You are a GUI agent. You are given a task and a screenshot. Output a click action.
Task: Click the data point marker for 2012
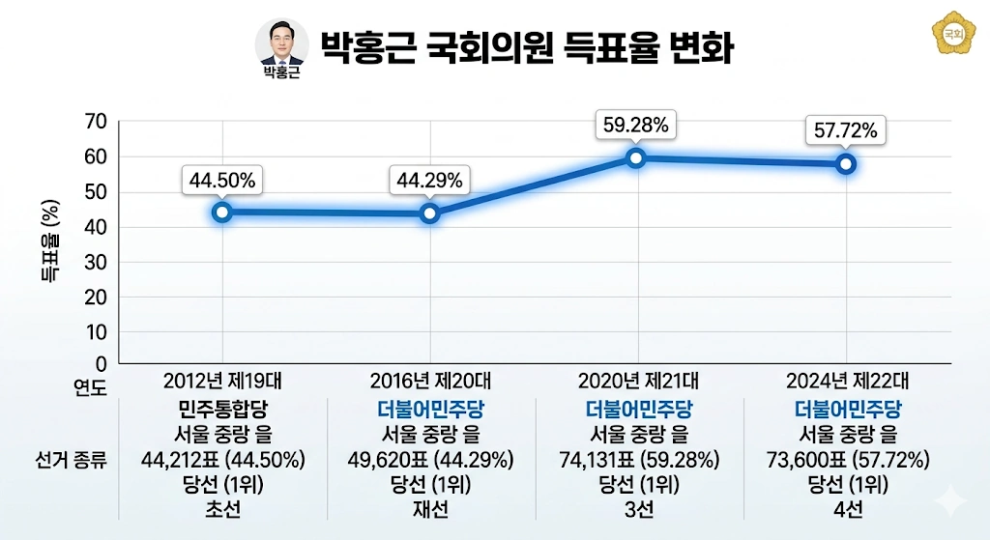pyautogui.click(x=222, y=213)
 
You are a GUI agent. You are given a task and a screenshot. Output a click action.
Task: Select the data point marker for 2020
pyautogui.click(x=636, y=158)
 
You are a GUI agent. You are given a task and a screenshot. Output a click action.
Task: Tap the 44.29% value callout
pyautogui.click(x=429, y=180)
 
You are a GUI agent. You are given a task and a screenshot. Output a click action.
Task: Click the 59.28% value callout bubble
pyautogui.click(x=636, y=126)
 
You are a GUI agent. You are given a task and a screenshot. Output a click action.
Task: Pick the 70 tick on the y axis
pyautogui.click(x=96, y=122)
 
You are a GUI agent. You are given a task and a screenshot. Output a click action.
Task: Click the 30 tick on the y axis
pyautogui.click(x=96, y=263)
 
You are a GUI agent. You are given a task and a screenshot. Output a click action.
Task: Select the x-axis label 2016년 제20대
pyautogui.click(x=430, y=380)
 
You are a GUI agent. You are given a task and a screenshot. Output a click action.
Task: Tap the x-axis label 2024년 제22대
pyautogui.click(x=847, y=380)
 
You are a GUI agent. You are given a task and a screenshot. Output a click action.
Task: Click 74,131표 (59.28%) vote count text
pyautogui.click(x=638, y=458)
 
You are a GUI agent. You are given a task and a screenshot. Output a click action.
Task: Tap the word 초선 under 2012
pyautogui.click(x=222, y=508)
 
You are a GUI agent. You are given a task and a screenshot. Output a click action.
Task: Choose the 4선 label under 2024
pyautogui.click(x=847, y=508)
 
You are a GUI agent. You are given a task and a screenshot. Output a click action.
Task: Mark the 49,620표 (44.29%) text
pyautogui.click(x=430, y=458)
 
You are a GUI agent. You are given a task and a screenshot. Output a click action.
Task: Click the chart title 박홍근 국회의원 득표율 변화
pyautogui.click(x=526, y=45)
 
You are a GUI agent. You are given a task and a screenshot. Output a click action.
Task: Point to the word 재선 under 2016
pyautogui.click(x=430, y=508)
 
